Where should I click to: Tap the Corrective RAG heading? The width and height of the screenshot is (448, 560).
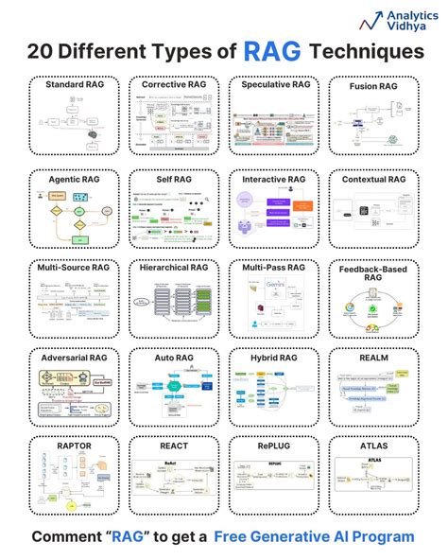[174, 85]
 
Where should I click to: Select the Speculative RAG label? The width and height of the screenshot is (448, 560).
[275, 85]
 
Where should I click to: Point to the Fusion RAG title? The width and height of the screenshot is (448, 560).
[375, 86]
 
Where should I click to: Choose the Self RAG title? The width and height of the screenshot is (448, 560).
[174, 177]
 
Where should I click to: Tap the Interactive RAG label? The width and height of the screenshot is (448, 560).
[275, 177]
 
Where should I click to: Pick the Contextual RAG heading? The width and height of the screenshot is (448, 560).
[375, 177]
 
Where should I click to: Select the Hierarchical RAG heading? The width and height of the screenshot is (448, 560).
[174, 268]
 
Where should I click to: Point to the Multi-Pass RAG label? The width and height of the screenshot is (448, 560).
[275, 268]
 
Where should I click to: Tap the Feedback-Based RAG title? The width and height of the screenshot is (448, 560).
[375, 274]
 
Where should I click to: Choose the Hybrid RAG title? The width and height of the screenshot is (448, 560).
[275, 359]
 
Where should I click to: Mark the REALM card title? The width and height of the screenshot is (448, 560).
[375, 359]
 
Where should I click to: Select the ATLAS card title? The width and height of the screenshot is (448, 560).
[375, 445]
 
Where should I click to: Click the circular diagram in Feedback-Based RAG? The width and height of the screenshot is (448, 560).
[374, 312]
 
